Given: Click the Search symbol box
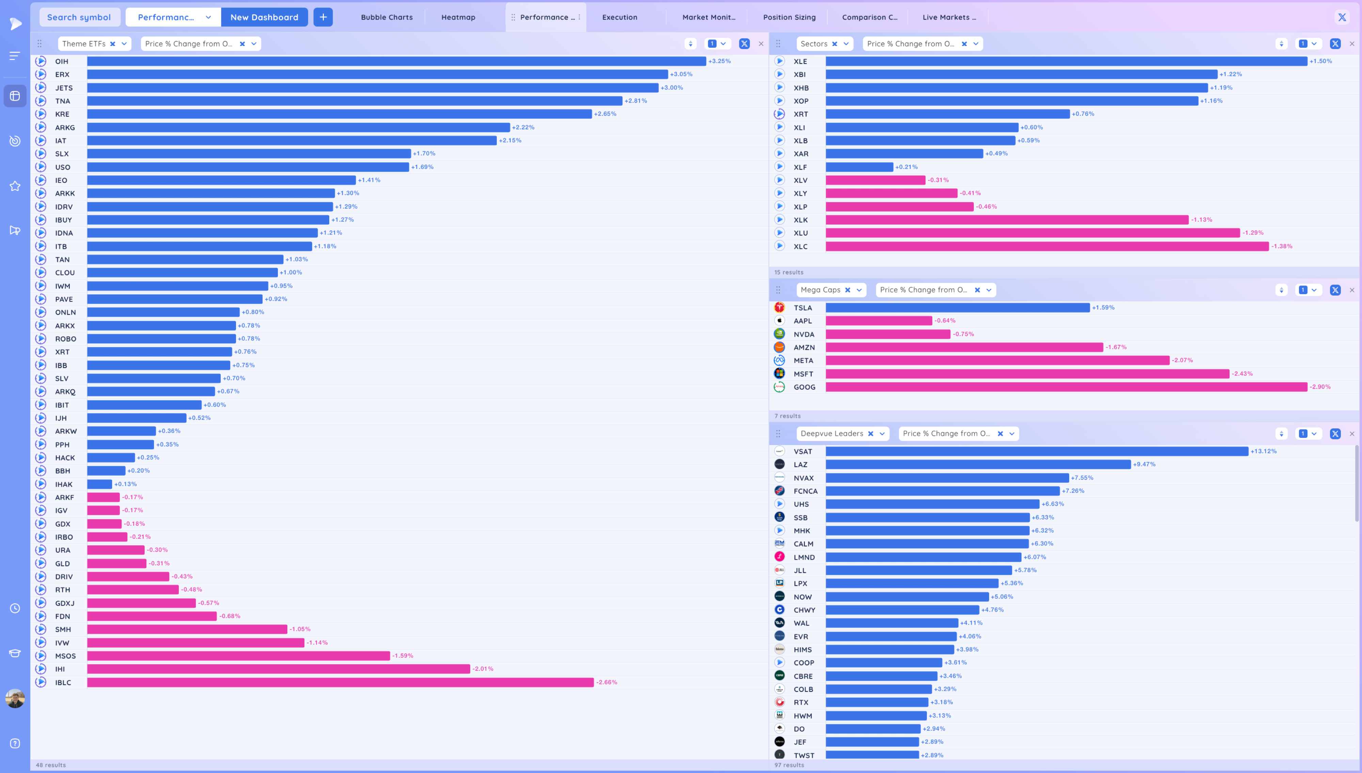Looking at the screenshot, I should coord(79,17).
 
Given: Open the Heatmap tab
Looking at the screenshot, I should coord(458,17).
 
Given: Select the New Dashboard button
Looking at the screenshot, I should coord(264,17).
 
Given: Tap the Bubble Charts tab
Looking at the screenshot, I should coord(386,17).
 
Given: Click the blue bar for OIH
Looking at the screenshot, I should coord(396,61).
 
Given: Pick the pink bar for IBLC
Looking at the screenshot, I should coord(340,682).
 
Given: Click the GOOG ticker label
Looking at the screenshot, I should coord(804,387).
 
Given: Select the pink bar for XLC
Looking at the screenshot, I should coord(1047,246).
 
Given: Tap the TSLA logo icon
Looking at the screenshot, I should coord(779,307).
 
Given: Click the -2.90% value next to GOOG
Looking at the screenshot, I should coord(1320,387).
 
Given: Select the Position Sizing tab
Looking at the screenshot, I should coord(789,17).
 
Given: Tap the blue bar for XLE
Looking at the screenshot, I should coord(1066,61).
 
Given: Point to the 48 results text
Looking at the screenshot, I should coord(51,765).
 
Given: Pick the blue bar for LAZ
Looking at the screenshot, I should coord(978,464).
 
